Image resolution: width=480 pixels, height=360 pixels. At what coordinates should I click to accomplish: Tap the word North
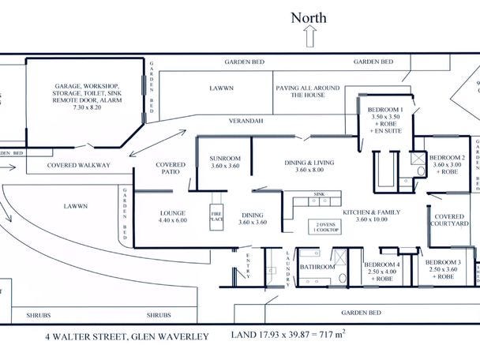pos(309,17)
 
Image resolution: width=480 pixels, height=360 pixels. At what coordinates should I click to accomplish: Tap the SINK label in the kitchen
pos(320,193)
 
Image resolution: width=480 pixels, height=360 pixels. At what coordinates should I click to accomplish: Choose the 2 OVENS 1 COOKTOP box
pos(324,227)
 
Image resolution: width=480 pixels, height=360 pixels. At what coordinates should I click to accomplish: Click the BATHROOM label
pos(318,268)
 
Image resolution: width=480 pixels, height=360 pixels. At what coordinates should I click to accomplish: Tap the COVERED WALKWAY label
pos(78,165)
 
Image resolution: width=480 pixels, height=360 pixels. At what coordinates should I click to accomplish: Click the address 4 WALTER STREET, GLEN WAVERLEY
pos(126,336)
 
